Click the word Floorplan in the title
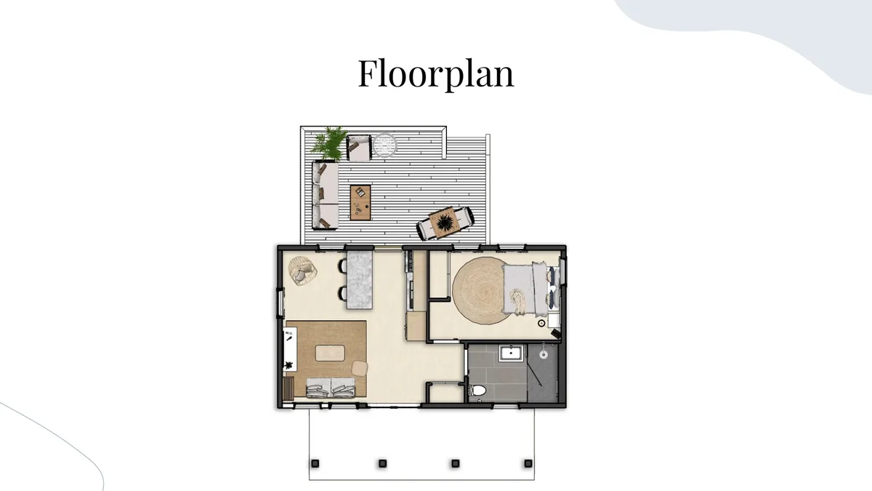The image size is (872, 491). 436,73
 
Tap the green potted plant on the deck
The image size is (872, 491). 330,143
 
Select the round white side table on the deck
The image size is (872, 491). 384,145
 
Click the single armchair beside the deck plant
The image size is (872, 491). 359,148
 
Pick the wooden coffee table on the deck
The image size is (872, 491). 360,203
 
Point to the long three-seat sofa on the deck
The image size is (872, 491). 326,196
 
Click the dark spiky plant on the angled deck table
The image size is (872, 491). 444,223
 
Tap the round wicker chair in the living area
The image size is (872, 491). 302,271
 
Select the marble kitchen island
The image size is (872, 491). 360,279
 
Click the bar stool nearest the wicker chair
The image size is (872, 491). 342,266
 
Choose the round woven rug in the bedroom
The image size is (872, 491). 482,291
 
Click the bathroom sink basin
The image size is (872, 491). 511,354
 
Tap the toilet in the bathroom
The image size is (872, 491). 477,390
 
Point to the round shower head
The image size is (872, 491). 544,355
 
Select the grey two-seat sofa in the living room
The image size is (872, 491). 331,387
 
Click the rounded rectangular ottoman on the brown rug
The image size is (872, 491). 330,353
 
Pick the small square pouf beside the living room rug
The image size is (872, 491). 360,369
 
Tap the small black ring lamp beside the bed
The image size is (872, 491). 541,323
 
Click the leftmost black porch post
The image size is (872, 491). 315,463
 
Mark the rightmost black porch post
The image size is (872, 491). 528,463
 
